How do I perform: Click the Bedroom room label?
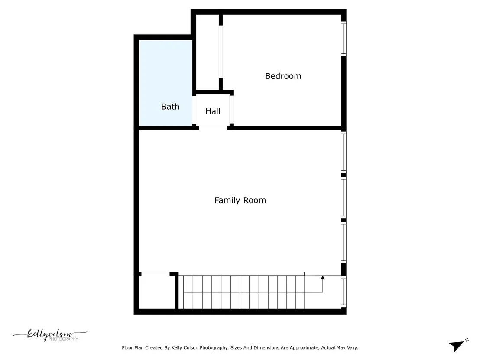point(283,76)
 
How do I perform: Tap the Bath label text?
point(170,107)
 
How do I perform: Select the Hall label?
point(213,111)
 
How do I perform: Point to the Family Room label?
point(240,200)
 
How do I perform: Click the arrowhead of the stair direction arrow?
point(323,278)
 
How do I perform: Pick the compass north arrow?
point(456,347)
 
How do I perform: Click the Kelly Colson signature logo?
point(50,335)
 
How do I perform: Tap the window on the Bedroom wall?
point(344,39)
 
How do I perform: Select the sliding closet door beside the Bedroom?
point(221,52)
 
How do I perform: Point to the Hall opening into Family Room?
point(213,128)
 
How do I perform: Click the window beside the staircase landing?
point(344,292)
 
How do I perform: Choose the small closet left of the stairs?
point(157,292)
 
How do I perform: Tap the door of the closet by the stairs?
point(155,274)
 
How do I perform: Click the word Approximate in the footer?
point(304,348)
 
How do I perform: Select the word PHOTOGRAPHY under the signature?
point(63,339)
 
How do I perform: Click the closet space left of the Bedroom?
point(207,52)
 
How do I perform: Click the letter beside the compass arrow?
point(467,340)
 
